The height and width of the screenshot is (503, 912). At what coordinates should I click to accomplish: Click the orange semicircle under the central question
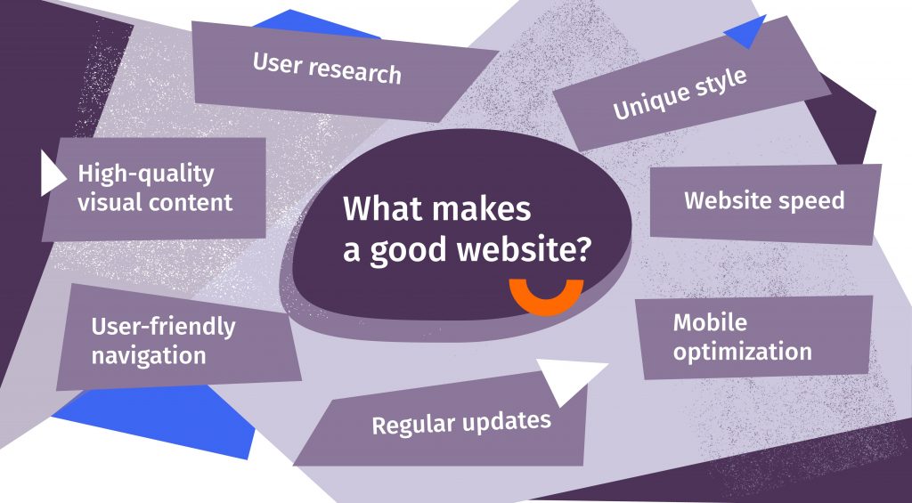[x=546, y=299]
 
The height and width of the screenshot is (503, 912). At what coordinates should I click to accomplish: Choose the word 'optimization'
[x=742, y=351]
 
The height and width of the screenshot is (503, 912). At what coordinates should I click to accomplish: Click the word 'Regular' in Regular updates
[x=412, y=425]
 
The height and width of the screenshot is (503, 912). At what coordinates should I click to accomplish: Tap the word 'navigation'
[x=149, y=356]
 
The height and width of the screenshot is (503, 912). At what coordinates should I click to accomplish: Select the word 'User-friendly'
[x=163, y=327]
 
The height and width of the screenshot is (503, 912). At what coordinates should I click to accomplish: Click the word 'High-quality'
[x=146, y=173]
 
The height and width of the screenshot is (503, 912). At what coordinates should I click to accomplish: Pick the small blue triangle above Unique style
[x=748, y=34]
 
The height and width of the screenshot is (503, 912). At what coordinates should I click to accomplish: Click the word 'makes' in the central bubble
[x=482, y=210]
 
